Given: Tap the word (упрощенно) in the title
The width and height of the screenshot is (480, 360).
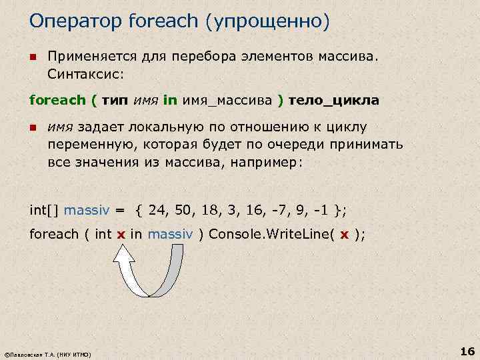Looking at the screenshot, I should [269, 21].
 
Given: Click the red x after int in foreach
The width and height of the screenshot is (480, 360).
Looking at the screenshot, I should [121, 234].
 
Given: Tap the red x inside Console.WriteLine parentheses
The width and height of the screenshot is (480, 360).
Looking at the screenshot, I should [344, 234].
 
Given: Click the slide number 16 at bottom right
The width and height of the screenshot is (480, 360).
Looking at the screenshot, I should [466, 351].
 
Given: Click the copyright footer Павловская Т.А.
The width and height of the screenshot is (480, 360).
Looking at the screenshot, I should [47, 353].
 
